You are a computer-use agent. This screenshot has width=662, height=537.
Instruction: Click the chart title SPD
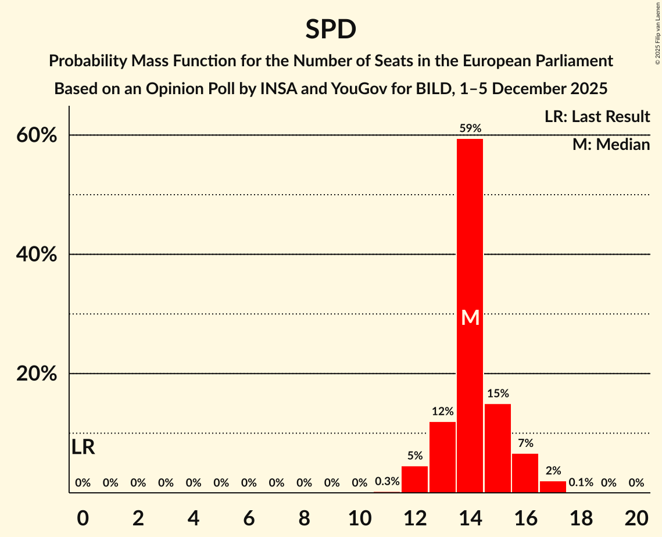pos(331,29)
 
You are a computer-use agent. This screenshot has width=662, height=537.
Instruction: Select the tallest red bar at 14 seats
pos(470,232)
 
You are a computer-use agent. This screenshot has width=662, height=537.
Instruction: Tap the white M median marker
pos(470,318)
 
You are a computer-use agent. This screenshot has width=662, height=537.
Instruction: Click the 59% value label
pos(470,128)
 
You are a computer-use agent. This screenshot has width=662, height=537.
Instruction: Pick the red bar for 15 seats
pos(498,448)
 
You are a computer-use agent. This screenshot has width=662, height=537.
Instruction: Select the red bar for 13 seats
pos(442,457)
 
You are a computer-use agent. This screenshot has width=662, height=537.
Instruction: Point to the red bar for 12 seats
pos(414,479)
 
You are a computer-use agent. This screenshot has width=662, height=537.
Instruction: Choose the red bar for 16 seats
pos(525,472)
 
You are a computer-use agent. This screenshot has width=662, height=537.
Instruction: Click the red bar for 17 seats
pos(553,486)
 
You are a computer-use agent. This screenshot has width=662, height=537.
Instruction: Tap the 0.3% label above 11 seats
pos(387,482)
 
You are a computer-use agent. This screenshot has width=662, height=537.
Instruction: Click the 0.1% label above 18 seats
pos(581,482)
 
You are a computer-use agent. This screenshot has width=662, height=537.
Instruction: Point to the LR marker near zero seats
pos(83,448)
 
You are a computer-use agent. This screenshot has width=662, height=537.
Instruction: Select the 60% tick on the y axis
pos(37,135)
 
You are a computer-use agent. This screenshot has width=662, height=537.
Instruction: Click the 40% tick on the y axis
pos(37,255)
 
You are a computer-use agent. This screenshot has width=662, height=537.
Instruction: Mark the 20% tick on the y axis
pos(37,374)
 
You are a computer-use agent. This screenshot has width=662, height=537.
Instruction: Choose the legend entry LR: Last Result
pos(597,117)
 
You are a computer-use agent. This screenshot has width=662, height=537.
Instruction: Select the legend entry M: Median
pos(611,145)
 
